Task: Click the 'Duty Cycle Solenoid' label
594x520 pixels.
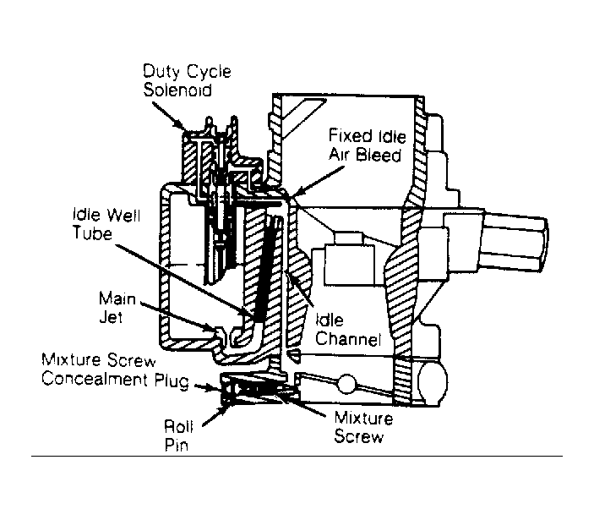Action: (187, 80)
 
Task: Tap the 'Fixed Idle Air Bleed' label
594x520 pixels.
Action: (367, 145)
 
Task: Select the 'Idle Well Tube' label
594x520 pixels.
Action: (106, 223)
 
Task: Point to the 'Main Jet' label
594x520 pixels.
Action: (117, 307)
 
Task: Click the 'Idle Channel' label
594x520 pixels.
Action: (348, 330)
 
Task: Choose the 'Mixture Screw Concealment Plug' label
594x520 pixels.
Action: (115, 370)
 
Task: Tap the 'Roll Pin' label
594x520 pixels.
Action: (178, 435)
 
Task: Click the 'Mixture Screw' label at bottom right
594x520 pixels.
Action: (363, 427)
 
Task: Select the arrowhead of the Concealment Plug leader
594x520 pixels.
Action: (214, 388)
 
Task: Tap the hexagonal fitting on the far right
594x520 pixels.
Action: (515, 243)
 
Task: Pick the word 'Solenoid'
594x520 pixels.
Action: (177, 90)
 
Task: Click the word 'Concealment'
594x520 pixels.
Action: (95, 380)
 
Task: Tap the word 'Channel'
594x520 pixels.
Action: (348, 339)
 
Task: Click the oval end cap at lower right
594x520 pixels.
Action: (433, 382)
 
